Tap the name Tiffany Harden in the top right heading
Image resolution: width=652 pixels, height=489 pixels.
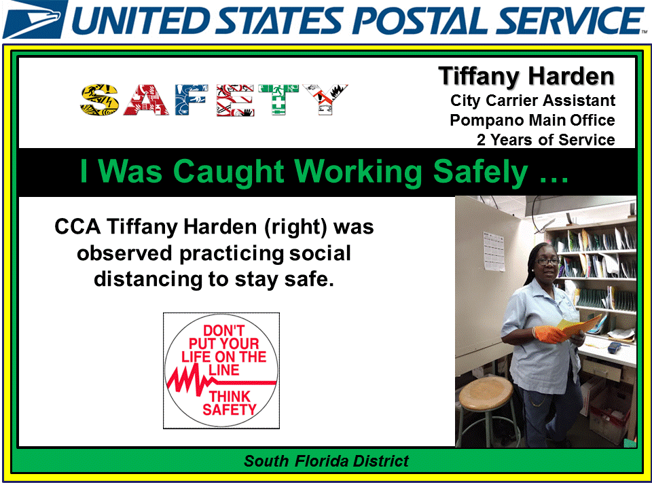pyautogui.click(x=526, y=77)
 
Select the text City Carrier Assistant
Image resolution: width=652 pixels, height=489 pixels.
pyautogui.click(x=532, y=101)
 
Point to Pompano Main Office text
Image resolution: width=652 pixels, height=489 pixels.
pyautogui.click(x=532, y=121)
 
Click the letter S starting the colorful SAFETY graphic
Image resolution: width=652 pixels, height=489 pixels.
pyautogui.click(x=101, y=100)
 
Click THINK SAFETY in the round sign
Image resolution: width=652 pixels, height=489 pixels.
pyautogui.click(x=230, y=403)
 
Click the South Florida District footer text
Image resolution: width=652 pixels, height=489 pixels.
pyautogui.click(x=326, y=462)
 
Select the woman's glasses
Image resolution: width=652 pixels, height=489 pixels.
pyautogui.click(x=547, y=260)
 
